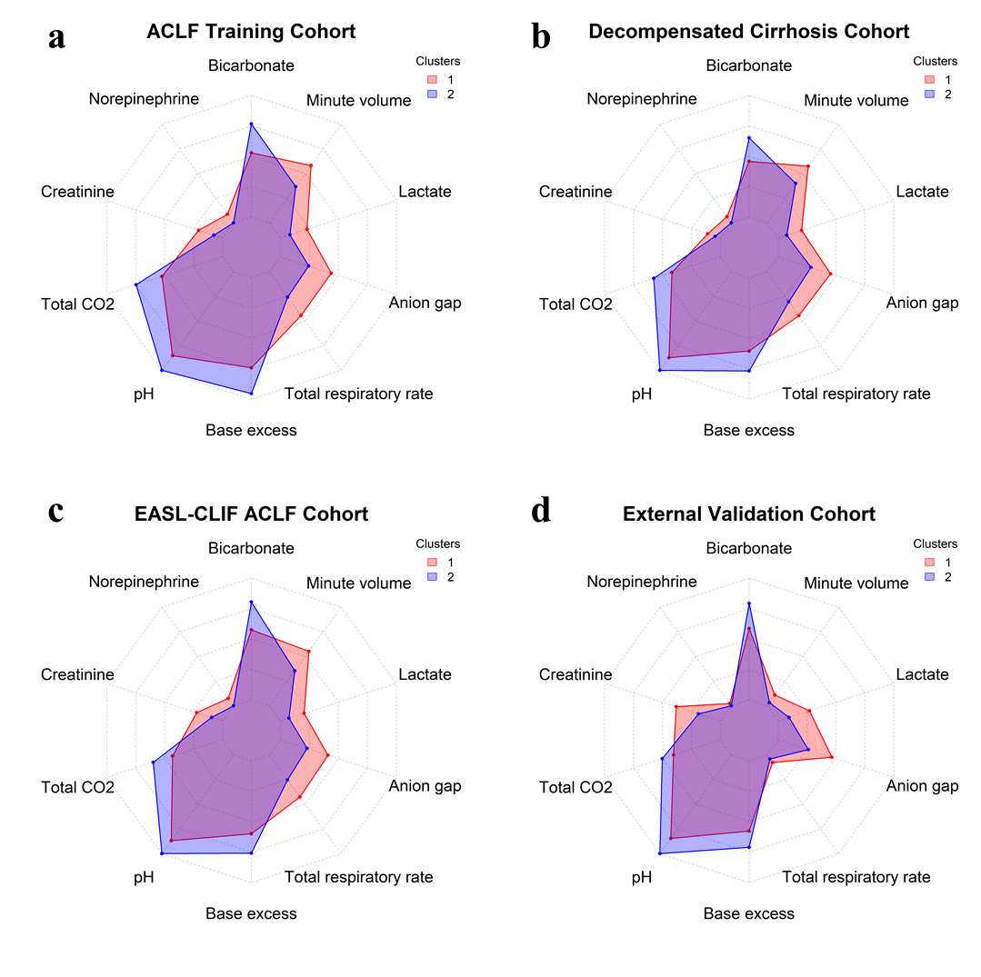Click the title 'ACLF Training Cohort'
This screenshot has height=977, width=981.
click(x=251, y=32)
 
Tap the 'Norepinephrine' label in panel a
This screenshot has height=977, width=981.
click(x=144, y=99)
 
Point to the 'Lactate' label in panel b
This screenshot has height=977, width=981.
click(x=922, y=192)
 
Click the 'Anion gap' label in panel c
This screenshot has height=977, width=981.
click(x=425, y=786)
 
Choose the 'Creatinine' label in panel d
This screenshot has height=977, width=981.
click(x=576, y=675)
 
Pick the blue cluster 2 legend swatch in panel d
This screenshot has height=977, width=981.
click(x=930, y=577)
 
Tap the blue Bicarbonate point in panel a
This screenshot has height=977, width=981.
click(x=251, y=124)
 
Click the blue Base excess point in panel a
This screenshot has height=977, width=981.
click(x=251, y=394)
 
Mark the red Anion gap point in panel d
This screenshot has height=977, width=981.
click(x=831, y=757)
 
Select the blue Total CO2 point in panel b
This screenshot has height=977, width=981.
click(x=654, y=277)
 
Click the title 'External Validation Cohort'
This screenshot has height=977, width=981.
click(x=749, y=514)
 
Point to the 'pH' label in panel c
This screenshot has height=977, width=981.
click(x=144, y=877)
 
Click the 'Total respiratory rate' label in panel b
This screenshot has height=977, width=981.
click(x=856, y=394)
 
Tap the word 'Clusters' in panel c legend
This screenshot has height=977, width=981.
click(x=438, y=544)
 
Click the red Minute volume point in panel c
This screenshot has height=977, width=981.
click(x=309, y=652)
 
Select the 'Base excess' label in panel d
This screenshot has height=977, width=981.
click(x=749, y=913)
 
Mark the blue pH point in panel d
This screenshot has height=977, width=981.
click(x=659, y=852)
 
